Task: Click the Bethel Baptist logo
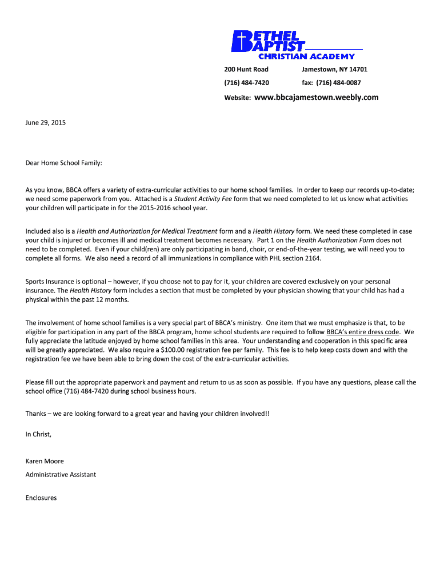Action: [269, 41]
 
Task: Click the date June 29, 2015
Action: [46, 122]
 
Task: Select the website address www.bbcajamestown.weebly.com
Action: [316, 97]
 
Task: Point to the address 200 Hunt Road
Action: [246, 69]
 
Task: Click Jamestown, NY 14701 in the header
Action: [334, 69]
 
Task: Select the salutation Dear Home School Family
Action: [64, 163]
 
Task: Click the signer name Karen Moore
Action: [45, 461]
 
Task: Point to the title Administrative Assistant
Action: [61, 475]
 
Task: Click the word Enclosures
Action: [41, 498]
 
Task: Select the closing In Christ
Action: [38, 434]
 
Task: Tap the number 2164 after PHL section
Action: [313, 258]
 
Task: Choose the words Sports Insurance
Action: [51, 282]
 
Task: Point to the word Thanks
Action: [35, 414]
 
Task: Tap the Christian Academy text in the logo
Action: [306, 57]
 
